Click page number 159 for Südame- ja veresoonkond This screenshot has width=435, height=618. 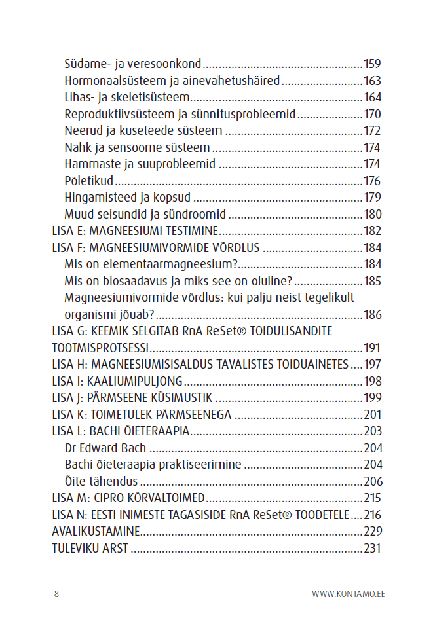click(372, 64)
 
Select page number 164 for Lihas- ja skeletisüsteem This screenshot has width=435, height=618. click(372, 98)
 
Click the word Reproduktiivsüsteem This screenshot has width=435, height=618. click(120, 115)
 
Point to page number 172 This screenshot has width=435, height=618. click(372, 131)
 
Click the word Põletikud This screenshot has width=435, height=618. click(88, 181)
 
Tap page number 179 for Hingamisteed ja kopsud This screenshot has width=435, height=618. click(372, 197)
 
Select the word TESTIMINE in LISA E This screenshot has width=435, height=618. click(185, 231)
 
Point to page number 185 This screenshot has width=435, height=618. click(372, 282)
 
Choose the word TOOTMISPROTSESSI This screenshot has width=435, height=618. click(100, 348)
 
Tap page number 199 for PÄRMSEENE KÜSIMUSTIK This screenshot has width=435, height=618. click(372, 397)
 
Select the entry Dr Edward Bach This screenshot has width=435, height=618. click(105, 448)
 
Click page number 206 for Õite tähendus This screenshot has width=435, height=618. click(372, 481)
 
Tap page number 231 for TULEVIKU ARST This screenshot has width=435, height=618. click(372, 548)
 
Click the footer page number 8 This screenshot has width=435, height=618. click(56, 594)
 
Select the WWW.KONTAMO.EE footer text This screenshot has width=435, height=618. click(348, 594)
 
